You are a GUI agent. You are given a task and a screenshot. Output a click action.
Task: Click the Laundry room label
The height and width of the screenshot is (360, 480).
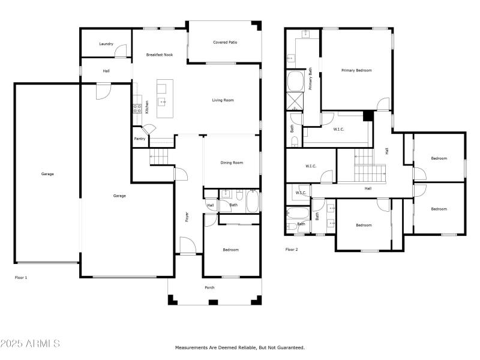pyautogui.click(x=106, y=44)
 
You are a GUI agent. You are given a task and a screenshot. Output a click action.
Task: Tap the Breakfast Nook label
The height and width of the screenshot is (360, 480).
pyautogui.click(x=160, y=55)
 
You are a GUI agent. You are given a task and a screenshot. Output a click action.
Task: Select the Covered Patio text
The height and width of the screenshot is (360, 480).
pyautogui.click(x=224, y=43)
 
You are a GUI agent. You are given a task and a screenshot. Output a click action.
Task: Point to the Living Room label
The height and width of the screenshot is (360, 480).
pyautogui.click(x=223, y=100)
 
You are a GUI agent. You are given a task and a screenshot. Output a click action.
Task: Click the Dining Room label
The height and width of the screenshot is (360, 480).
pyautogui.click(x=232, y=163)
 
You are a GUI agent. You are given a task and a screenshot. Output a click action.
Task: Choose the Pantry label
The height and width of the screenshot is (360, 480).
pyautogui.click(x=139, y=139)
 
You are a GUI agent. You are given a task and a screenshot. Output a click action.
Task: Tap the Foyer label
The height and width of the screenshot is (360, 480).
pyautogui.click(x=187, y=217)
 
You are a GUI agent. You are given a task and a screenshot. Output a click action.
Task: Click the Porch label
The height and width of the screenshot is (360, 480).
pyautogui.click(x=209, y=287)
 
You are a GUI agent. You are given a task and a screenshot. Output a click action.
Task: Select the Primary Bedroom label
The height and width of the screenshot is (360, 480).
pyautogui.click(x=356, y=70)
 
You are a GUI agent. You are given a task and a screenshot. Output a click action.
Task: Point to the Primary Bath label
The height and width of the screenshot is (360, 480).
pyautogui.click(x=311, y=79)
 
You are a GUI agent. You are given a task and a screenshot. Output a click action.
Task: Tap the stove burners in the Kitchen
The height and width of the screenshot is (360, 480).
pyautogui.click(x=137, y=109)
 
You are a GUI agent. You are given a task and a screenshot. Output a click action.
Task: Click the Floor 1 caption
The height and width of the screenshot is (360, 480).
pyautogui.click(x=21, y=278)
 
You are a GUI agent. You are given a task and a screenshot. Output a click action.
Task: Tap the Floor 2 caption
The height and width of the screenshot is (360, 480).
pyautogui.click(x=292, y=249)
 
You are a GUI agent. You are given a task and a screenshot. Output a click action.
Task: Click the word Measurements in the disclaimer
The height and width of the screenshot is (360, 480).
pyautogui.click(x=191, y=347)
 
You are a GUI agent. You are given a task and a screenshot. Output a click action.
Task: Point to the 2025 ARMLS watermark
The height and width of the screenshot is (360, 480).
pyautogui.click(x=30, y=344)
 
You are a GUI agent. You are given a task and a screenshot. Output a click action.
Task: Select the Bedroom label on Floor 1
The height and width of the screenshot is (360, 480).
pyautogui.click(x=230, y=250)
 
